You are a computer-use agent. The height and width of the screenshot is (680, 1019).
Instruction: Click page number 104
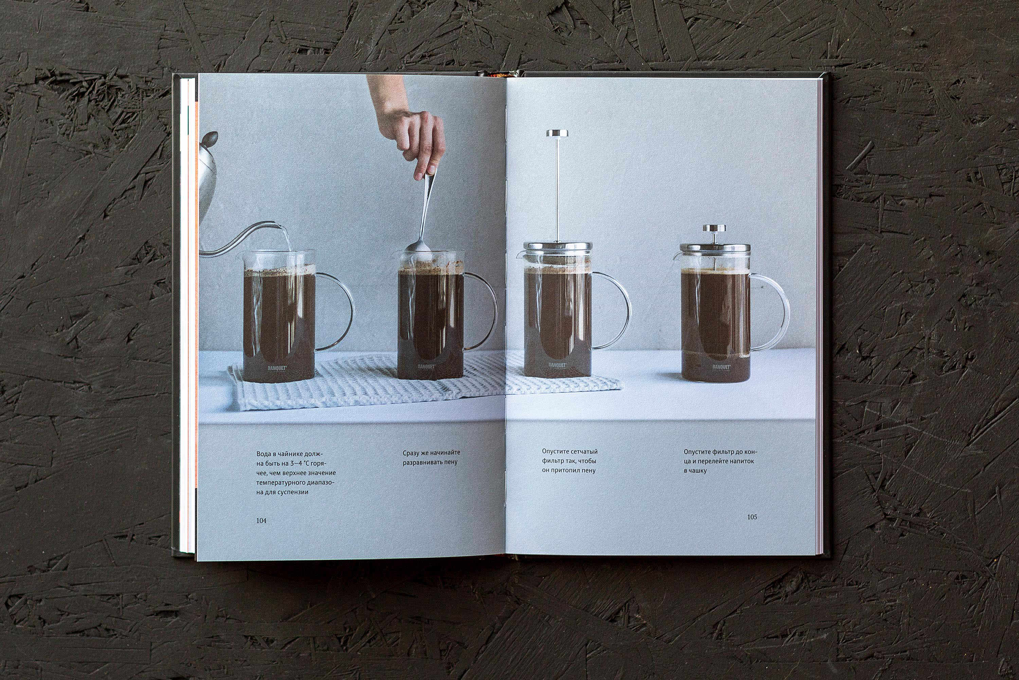261,521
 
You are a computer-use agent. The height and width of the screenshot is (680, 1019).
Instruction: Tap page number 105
752,517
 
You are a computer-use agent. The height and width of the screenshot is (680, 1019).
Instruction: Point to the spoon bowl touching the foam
418,246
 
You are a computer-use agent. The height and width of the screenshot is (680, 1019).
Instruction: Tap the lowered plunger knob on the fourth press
714,228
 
